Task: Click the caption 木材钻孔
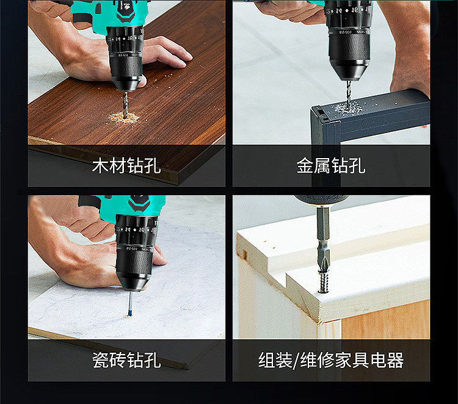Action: click(126, 166)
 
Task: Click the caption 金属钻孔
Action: click(331, 166)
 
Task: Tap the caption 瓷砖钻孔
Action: click(126, 360)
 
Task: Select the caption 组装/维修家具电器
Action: click(331, 360)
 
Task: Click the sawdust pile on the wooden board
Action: click(124, 117)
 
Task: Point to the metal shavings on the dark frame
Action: click(348, 108)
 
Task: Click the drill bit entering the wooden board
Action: click(126, 104)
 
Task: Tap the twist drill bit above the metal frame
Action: click(349, 93)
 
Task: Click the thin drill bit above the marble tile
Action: click(130, 303)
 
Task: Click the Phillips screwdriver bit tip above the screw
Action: click(324, 266)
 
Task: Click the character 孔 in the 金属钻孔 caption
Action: click(357, 166)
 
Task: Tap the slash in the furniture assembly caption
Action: click(296, 360)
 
